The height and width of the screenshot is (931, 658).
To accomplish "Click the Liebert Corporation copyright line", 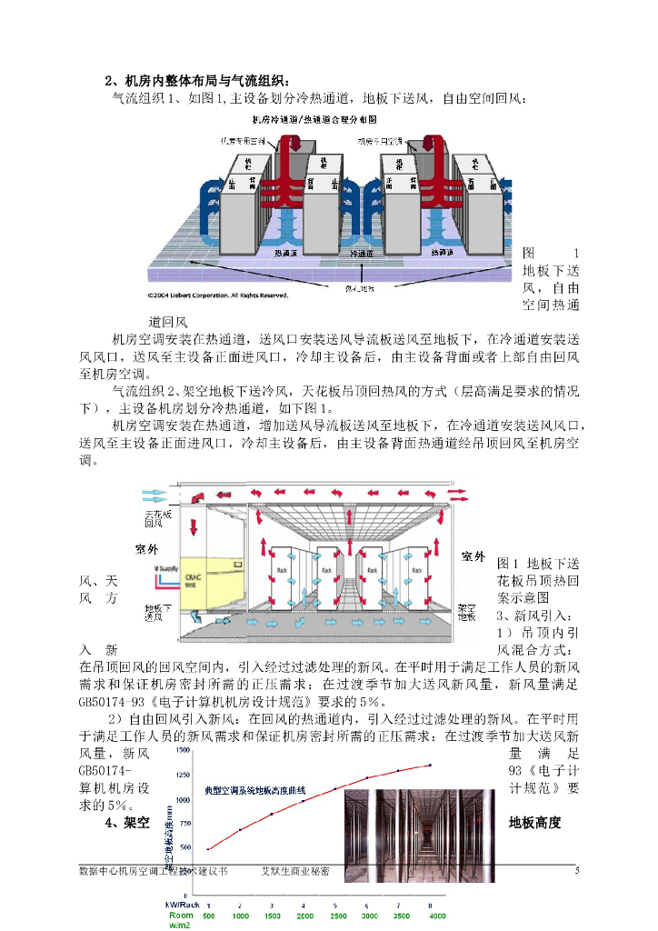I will (x=218, y=295).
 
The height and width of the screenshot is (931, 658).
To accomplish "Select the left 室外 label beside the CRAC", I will (x=146, y=549).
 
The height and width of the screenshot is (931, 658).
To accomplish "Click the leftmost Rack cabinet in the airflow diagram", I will (x=283, y=575).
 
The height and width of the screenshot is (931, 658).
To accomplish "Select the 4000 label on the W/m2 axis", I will (x=437, y=916).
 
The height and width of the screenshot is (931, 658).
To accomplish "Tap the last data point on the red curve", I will (x=430, y=765).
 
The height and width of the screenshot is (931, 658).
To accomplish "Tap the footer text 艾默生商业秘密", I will (x=295, y=871).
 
